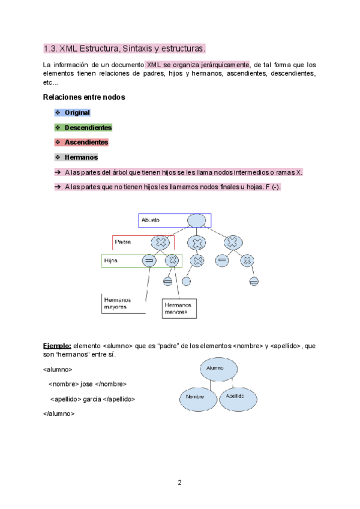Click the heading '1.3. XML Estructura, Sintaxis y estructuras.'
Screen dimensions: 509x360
point(124,48)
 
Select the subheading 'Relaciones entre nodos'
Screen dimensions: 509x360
point(84,97)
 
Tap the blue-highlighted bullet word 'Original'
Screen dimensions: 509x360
point(77,112)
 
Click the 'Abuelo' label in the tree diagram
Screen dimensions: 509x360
point(151,221)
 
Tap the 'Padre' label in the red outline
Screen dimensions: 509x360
point(122,242)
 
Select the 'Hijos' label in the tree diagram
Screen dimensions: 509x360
point(111,261)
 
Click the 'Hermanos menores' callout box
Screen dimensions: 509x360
point(179,309)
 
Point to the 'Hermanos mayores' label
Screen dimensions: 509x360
point(117,303)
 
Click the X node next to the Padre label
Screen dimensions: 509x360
point(161,242)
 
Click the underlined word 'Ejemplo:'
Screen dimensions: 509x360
point(58,346)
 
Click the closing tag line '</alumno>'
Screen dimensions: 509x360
point(59,414)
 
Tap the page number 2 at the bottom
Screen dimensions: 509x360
point(179,483)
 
